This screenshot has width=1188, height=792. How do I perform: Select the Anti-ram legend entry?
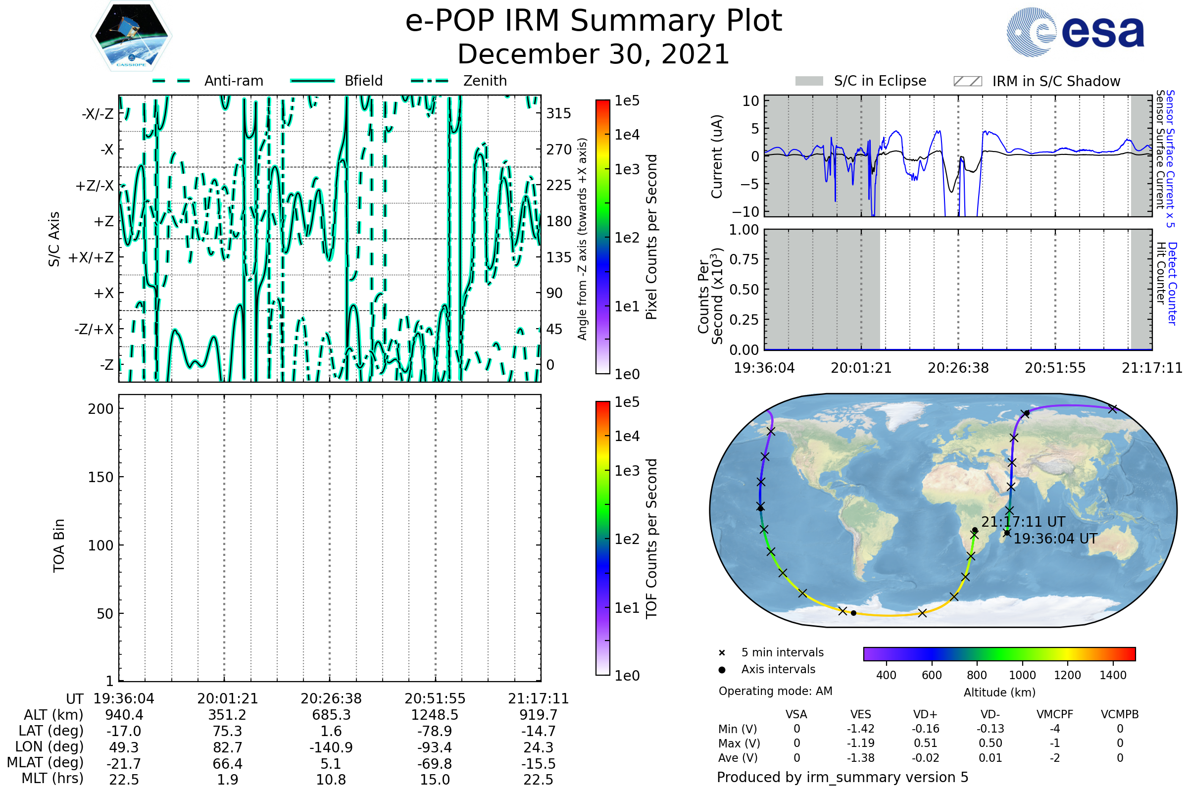208,81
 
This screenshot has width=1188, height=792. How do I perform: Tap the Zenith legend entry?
459,81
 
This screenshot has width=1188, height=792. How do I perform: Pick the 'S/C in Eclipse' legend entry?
861,81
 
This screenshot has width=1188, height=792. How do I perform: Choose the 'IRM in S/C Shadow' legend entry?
1037,81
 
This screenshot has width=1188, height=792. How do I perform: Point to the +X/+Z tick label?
91,257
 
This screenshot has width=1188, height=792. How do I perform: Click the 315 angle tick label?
559,113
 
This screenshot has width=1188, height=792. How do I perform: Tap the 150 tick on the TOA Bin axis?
100,477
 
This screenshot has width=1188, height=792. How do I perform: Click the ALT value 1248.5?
435,715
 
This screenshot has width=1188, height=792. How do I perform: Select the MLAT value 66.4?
228,764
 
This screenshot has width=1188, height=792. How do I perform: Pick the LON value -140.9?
331,747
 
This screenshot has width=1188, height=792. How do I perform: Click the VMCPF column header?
1055,715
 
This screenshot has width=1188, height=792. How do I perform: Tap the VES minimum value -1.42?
861,729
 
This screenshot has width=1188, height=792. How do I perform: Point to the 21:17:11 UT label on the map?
1023,522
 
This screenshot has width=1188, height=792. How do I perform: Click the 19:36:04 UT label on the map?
1056,539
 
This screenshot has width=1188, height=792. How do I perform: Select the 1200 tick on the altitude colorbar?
1067,675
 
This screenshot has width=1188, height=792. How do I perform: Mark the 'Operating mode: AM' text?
775,691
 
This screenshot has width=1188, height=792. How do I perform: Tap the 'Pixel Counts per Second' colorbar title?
651,237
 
